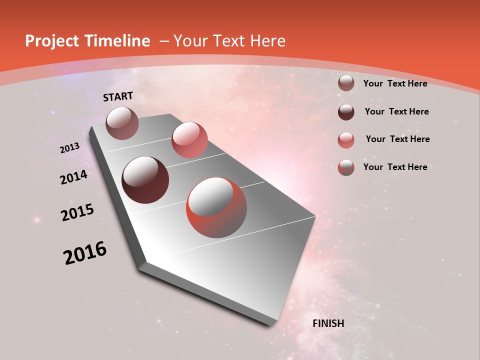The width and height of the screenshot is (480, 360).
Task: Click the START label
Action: coord(118,96)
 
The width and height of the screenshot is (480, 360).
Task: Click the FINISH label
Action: coord(328,323)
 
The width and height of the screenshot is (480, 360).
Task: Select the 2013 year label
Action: coord(70,148)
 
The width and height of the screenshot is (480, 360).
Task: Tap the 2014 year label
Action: coord(74,177)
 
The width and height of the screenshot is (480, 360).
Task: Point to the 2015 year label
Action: coord(77,212)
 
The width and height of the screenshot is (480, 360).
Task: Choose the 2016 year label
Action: coord(85,253)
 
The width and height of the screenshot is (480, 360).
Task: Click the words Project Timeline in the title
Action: coord(87,41)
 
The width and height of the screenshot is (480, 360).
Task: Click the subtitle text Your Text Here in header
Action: coord(229,41)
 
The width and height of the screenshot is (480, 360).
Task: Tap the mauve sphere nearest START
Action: coord(122,123)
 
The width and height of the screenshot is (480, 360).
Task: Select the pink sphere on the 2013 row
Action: coord(189,139)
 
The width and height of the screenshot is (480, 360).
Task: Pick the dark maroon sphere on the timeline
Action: coord(145,180)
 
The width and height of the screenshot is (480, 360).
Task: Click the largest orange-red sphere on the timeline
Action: coord(216,207)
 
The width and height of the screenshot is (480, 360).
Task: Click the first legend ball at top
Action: coord(346,83)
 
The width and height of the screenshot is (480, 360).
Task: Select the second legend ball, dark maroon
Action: coord(346,111)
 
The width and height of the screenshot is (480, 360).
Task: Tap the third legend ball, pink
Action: coord(346,139)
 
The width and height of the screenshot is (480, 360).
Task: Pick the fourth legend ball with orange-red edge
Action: coord(346,167)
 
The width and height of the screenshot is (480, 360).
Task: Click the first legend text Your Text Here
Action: coord(395,83)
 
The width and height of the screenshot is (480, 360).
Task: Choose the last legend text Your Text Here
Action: coord(395,167)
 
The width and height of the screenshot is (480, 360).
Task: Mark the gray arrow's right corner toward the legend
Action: coord(315,217)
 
